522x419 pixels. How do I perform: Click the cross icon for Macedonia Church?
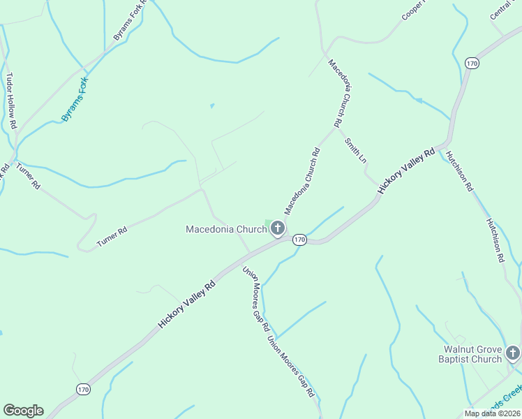pyautogui.click(x=278, y=228)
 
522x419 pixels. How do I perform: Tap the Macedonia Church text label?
pyautogui.click(x=226, y=229)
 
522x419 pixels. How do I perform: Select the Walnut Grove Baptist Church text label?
pyautogui.click(x=472, y=354)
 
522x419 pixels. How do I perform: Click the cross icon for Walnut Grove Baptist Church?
pyautogui.click(x=514, y=353)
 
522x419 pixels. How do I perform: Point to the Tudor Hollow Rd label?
pyautogui.click(x=11, y=101)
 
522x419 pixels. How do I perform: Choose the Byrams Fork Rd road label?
pyautogui.click(x=130, y=21)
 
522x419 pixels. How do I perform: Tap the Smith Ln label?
pyautogui.click(x=355, y=149)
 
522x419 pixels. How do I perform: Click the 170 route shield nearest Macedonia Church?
pyautogui.click(x=299, y=240)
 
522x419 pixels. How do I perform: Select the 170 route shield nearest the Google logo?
pyautogui.click(x=83, y=389)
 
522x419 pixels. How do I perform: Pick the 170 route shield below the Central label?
pyautogui.click(x=472, y=63)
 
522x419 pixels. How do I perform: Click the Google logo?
pyautogui.click(x=23, y=411)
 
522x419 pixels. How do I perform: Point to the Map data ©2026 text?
pyautogui.click(x=493, y=413)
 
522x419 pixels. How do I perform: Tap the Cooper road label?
pyautogui.click(x=413, y=10)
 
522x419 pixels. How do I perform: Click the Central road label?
pyautogui.click(x=501, y=10)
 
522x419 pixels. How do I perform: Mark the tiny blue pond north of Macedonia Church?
pyautogui.click(x=212, y=106)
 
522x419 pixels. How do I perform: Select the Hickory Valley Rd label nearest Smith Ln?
pyautogui.click(x=406, y=171)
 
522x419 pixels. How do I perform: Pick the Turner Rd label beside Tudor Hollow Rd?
pyautogui.click(x=29, y=177)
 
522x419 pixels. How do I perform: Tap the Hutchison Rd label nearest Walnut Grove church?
pyautogui.click(x=495, y=239)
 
